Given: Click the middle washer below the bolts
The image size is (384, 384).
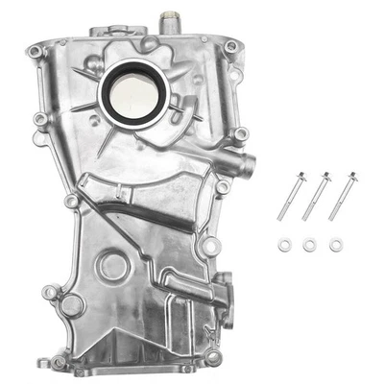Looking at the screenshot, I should (309, 246).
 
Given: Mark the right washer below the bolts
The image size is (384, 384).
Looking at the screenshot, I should (335, 246).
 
